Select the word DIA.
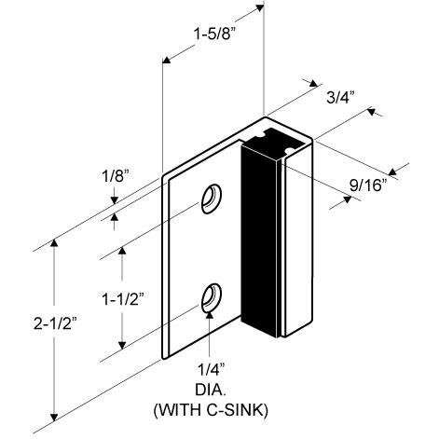213,390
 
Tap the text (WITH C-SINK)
213,408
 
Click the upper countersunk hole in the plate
212,199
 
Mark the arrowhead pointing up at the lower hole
213,317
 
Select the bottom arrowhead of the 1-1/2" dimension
121,351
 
